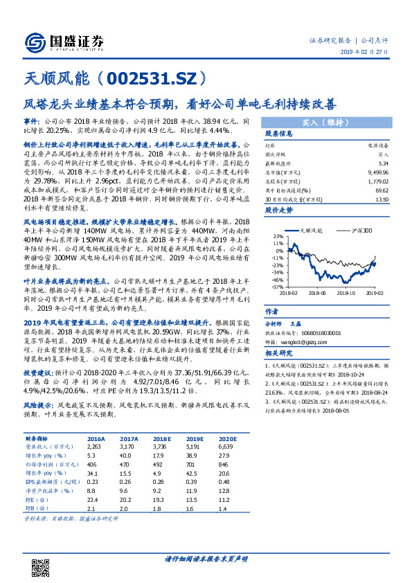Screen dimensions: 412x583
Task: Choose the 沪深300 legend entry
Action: (358, 228)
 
